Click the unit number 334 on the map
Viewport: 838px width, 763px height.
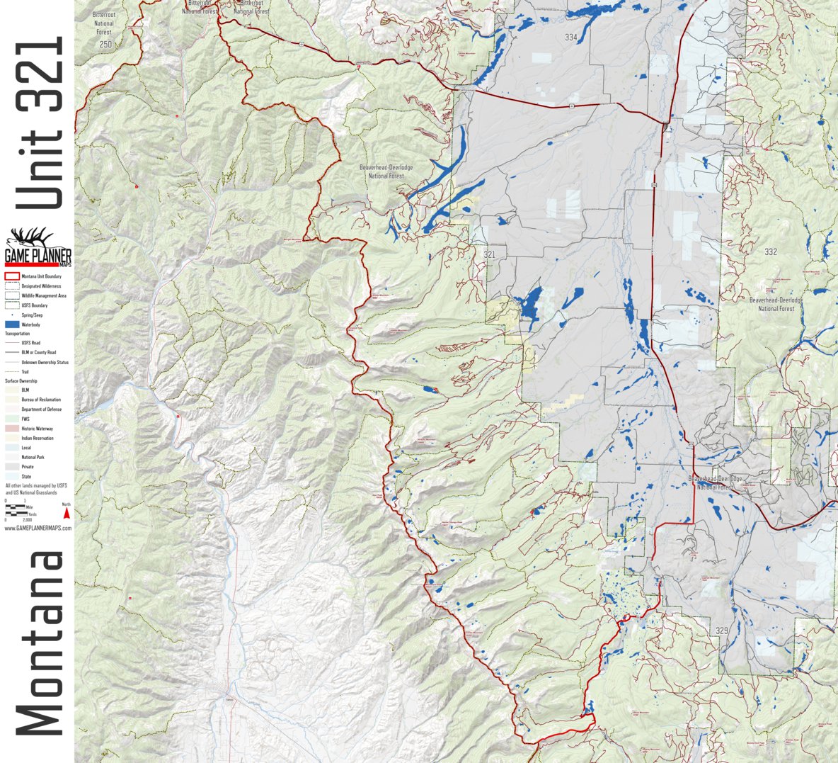coord(571,38)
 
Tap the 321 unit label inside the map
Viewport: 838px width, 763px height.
coord(489,254)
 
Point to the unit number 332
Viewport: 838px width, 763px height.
coord(771,251)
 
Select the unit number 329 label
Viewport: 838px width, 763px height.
coord(721,631)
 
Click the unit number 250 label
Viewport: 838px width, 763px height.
coord(105,45)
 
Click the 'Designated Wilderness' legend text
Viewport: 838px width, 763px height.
coord(41,286)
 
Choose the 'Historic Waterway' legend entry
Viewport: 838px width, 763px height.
coord(37,429)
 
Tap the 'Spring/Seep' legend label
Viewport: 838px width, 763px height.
coord(32,315)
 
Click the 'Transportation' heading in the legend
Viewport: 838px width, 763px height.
coord(18,334)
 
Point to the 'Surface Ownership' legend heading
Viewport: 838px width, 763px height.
coord(21,381)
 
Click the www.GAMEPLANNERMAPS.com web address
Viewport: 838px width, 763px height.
coord(38,528)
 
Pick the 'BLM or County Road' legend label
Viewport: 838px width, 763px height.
coord(39,352)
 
